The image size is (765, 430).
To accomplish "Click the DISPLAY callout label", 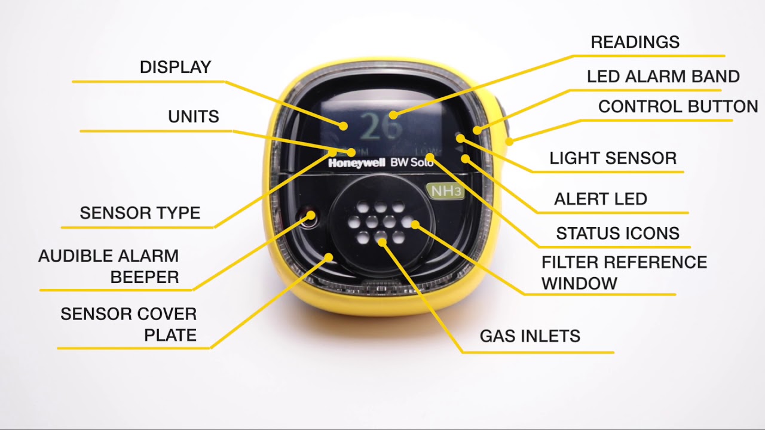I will coord(175,67).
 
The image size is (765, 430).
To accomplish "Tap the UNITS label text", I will coord(193,116).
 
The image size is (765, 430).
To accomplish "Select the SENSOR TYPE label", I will coord(140,213).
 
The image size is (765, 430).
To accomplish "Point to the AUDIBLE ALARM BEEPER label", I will coord(109,266).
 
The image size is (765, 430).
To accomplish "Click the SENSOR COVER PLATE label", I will coord(128,324).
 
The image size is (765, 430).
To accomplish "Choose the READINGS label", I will coord(635,42).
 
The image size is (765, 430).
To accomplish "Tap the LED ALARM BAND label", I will coord(663,76).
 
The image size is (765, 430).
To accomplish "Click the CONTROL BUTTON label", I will coord(678,107).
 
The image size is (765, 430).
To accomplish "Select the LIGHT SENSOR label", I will coord(613,158).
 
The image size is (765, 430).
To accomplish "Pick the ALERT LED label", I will coord(600,199).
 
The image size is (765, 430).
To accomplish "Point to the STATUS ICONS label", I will coord(617,234).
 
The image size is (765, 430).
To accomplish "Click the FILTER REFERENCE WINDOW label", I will coord(623,272).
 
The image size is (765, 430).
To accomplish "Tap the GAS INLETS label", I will coord(530,336).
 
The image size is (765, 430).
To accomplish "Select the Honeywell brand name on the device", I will coord(356,163).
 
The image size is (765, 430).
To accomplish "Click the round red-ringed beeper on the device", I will coord(309,216).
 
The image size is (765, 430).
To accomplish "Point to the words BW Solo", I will coord(412,162).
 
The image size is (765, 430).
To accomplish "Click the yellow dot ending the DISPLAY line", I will coord(344,126).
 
